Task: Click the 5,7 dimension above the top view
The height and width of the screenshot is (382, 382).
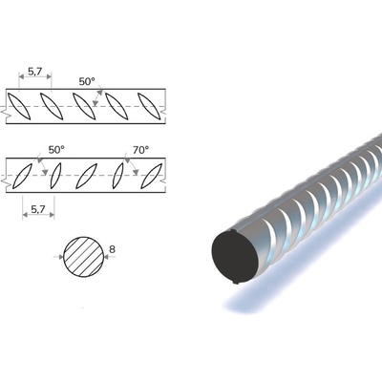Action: coord(34,72)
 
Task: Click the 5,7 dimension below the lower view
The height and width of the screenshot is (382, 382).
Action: coord(38,209)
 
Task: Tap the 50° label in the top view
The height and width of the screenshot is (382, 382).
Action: coord(87,81)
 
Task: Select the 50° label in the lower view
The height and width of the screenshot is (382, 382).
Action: coord(56,150)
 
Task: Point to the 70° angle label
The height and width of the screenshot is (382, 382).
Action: coord(141,150)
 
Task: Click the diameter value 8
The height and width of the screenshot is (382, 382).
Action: coord(112,249)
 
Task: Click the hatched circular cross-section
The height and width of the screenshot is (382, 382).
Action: coord(84,257)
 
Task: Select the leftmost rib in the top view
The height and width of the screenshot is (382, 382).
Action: coord(19,106)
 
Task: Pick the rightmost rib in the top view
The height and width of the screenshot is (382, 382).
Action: coord(149,106)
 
